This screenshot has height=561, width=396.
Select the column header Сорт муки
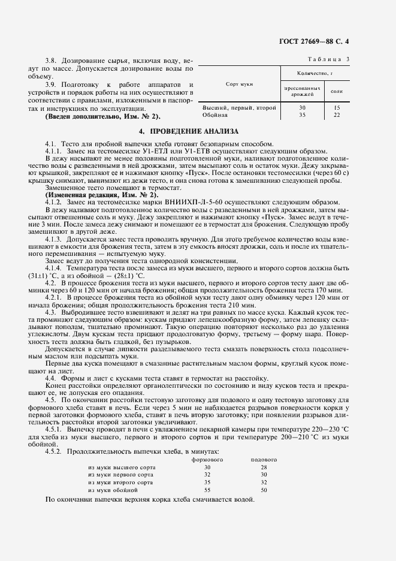click(x=238, y=85)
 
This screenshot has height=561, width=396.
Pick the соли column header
click(x=336, y=91)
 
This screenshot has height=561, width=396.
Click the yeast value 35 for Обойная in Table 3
click(x=301, y=114)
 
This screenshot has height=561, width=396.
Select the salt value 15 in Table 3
click(x=337, y=107)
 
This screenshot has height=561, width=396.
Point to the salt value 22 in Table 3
click(x=337, y=114)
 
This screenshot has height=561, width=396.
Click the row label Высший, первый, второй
click(x=231, y=107)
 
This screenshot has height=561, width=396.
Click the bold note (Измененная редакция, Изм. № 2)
click(x=101, y=195)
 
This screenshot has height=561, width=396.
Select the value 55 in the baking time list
click(x=207, y=490)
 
